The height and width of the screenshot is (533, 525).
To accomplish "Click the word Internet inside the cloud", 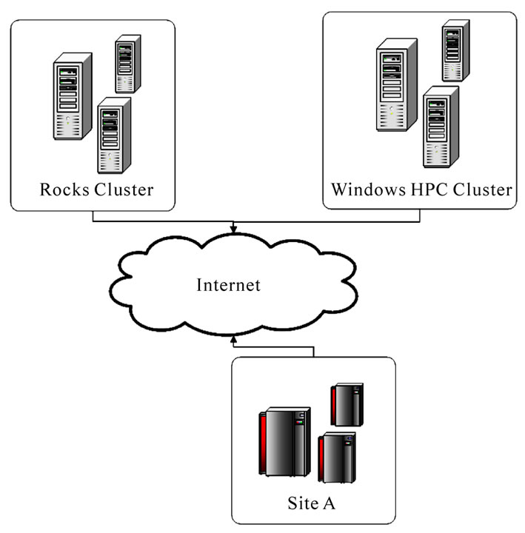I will (228, 285).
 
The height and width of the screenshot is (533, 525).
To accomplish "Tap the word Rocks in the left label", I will (64, 190).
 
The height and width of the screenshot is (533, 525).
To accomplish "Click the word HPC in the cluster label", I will (429, 190).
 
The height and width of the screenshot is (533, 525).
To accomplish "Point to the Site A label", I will (312, 503).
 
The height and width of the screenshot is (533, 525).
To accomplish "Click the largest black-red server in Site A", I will (284, 443).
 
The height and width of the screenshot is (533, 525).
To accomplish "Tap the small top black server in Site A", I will (346, 404).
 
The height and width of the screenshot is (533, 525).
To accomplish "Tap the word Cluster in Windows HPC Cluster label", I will (481, 190).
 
